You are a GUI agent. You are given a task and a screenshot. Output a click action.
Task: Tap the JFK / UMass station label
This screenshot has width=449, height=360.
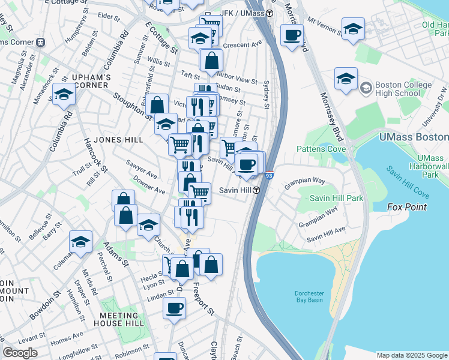coord(246,13)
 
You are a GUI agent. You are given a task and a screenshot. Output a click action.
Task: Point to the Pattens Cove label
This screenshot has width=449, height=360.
coord(321,148)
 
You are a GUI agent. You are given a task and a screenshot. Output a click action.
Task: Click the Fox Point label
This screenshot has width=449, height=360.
coord(407,207)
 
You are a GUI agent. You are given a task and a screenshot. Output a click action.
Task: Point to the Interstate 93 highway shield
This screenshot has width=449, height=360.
coord(270,176)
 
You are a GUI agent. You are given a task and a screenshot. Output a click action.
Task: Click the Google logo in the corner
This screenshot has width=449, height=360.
coord(20,353)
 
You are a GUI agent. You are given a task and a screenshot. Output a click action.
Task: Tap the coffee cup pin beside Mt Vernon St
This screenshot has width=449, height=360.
coord(292,36)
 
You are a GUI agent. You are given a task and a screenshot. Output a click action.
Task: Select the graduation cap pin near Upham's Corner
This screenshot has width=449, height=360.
coord(64,94)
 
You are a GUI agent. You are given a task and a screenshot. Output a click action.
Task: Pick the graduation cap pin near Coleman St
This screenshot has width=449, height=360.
coord(80,241)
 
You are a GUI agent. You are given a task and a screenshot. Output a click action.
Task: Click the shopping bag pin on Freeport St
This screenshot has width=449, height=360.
coord(211,264)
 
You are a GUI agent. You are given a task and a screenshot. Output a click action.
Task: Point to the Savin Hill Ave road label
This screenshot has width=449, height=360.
coord(326,233)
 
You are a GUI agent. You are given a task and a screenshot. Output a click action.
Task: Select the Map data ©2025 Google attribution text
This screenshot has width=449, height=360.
coord(411,355)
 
